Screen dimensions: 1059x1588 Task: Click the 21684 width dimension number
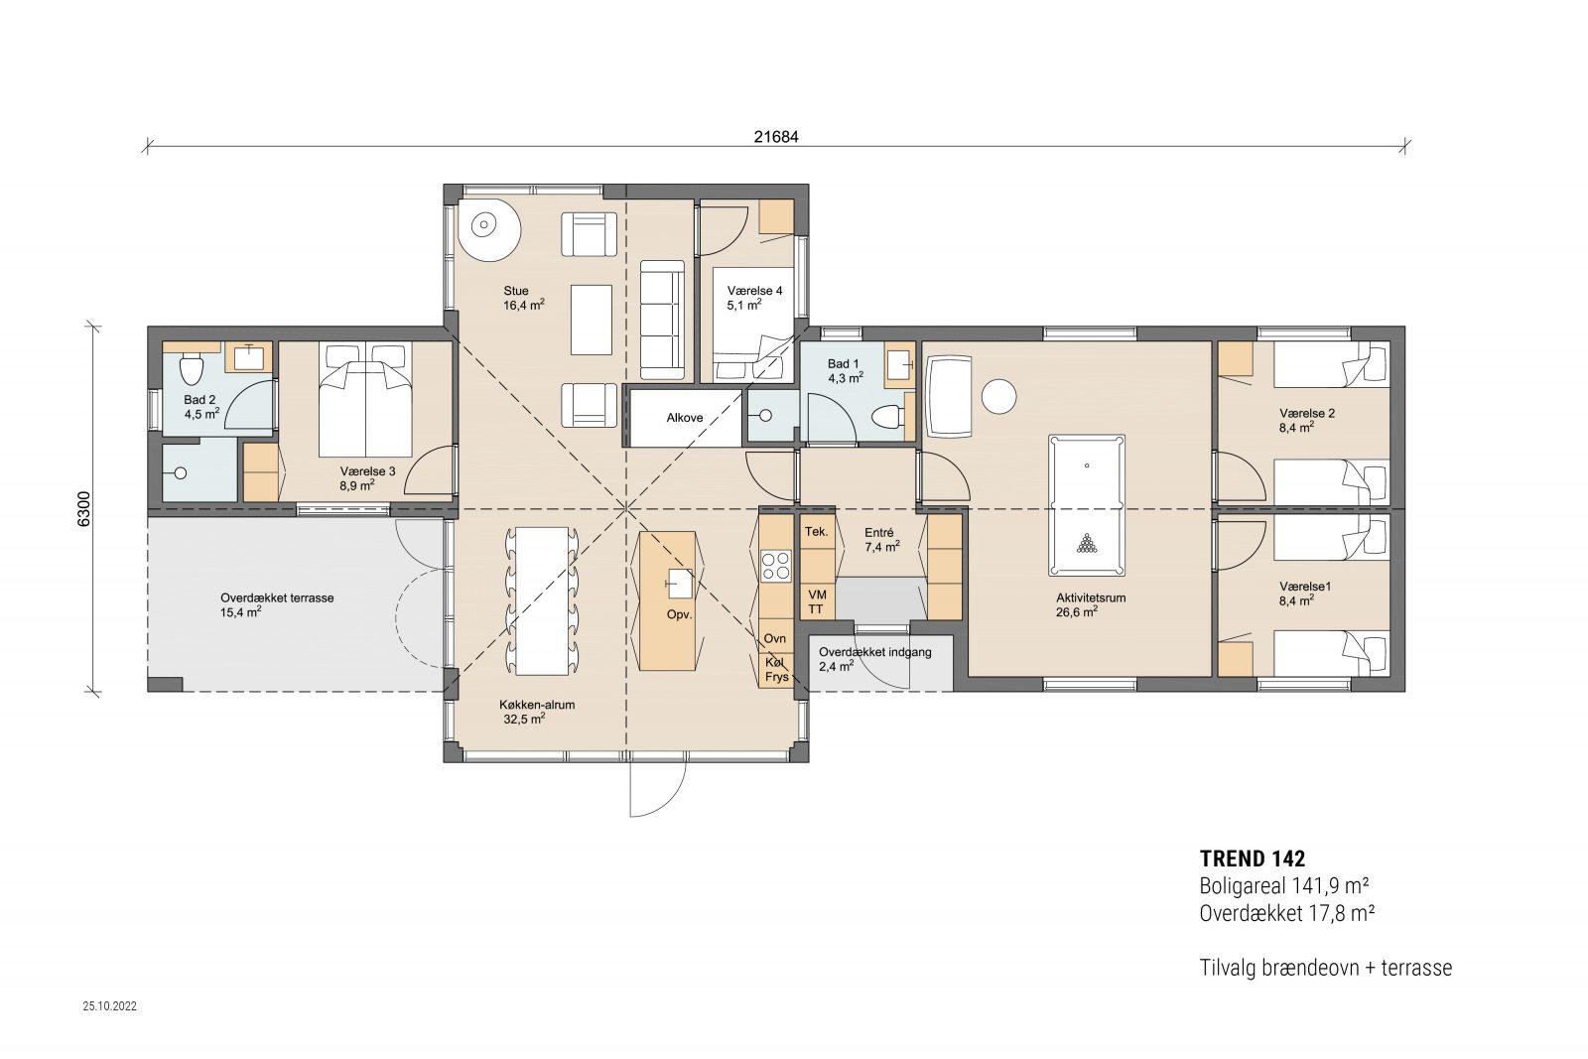[x=775, y=137]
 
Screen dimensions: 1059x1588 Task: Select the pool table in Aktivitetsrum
[x=1086, y=505]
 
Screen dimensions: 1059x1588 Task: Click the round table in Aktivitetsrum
[x=999, y=396]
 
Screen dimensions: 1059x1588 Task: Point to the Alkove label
[x=684, y=418]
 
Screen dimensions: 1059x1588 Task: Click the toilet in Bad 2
[x=192, y=368]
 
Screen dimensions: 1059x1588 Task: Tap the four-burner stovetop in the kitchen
[x=775, y=566]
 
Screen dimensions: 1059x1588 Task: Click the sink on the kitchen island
[x=680, y=583]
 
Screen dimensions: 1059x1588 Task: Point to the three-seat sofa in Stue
[x=662, y=320]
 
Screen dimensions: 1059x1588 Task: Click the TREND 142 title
[x=1252, y=860]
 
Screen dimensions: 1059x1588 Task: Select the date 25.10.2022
[x=110, y=1005]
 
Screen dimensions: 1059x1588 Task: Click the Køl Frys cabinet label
[x=776, y=670]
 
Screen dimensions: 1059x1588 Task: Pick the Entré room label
[x=879, y=533]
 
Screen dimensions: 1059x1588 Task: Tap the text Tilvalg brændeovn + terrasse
[x=1325, y=968]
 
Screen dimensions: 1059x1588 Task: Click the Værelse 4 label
[x=754, y=291]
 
